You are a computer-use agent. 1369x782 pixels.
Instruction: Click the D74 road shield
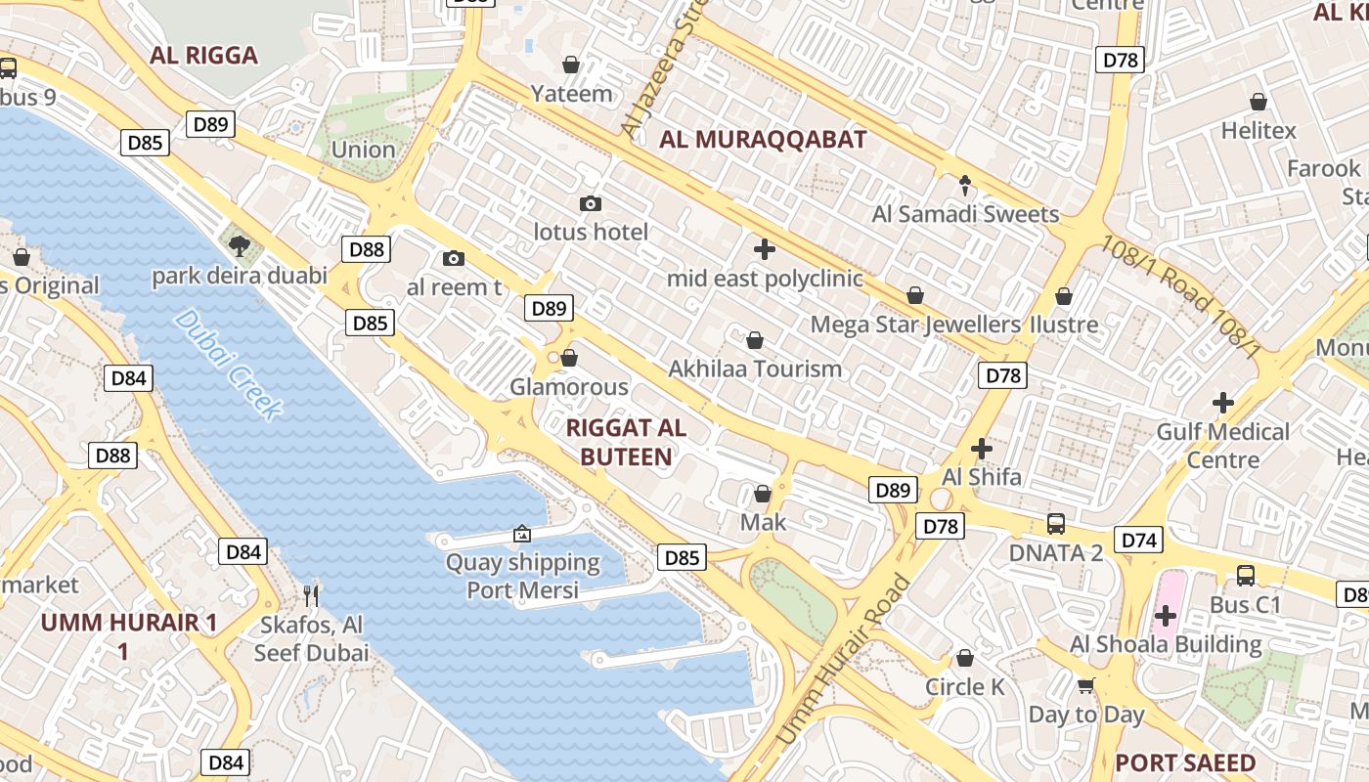[x=1139, y=540]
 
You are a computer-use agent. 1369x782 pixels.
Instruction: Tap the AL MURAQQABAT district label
[x=763, y=139]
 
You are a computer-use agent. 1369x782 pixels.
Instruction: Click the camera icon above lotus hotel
[x=590, y=203]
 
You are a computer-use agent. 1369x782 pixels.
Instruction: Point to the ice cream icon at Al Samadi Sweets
[x=965, y=185]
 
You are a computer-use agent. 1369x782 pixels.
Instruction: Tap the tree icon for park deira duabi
[x=238, y=244]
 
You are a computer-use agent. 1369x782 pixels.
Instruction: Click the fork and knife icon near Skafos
[x=311, y=594]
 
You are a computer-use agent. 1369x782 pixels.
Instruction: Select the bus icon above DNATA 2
[x=1056, y=523]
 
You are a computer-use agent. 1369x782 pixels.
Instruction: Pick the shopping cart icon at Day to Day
[x=1085, y=685]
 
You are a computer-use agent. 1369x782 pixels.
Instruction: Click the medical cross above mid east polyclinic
[x=765, y=249]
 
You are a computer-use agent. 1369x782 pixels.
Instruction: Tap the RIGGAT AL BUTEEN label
[x=626, y=442]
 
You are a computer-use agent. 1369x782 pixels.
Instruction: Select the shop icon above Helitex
[x=1259, y=102]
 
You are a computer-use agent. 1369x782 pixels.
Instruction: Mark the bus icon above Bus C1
[x=1245, y=575]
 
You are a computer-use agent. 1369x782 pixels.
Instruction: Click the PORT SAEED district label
[x=1185, y=762]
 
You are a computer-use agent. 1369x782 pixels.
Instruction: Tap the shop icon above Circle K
[x=965, y=658]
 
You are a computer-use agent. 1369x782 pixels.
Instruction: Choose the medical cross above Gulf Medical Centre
[x=1222, y=402]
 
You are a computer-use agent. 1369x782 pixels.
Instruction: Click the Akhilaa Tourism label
[x=754, y=369]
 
